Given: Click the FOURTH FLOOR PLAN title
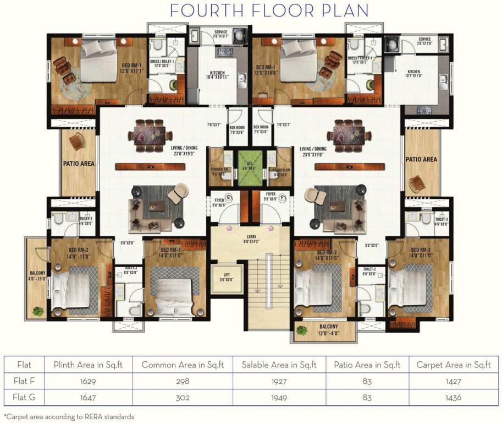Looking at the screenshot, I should [269, 10].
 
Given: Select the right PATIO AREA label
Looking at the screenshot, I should [421, 159].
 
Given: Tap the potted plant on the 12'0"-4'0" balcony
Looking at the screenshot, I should [302, 330].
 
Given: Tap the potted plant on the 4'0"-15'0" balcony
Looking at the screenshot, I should [38, 312].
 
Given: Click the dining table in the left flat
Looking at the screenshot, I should [147, 134].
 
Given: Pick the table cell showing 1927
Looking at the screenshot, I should [279, 381].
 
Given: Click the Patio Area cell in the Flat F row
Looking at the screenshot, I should [367, 381].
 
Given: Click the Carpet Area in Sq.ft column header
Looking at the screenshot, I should [453, 365].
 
